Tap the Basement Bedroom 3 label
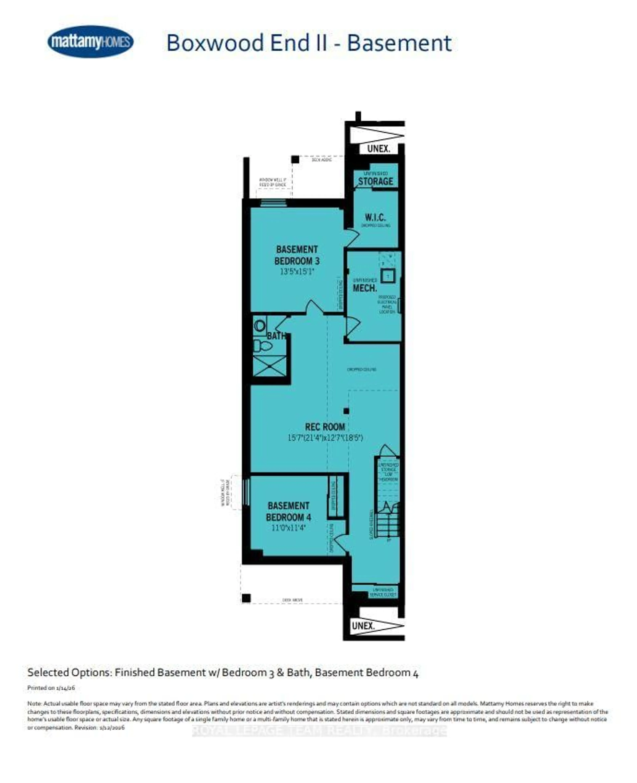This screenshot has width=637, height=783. (x=297, y=255)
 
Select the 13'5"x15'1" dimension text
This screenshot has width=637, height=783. (x=297, y=272)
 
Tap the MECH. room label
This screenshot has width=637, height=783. (x=365, y=288)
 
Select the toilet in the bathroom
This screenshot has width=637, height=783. (x=263, y=345)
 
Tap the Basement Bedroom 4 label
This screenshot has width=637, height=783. (x=288, y=511)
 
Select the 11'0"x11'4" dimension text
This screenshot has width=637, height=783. (x=288, y=528)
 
